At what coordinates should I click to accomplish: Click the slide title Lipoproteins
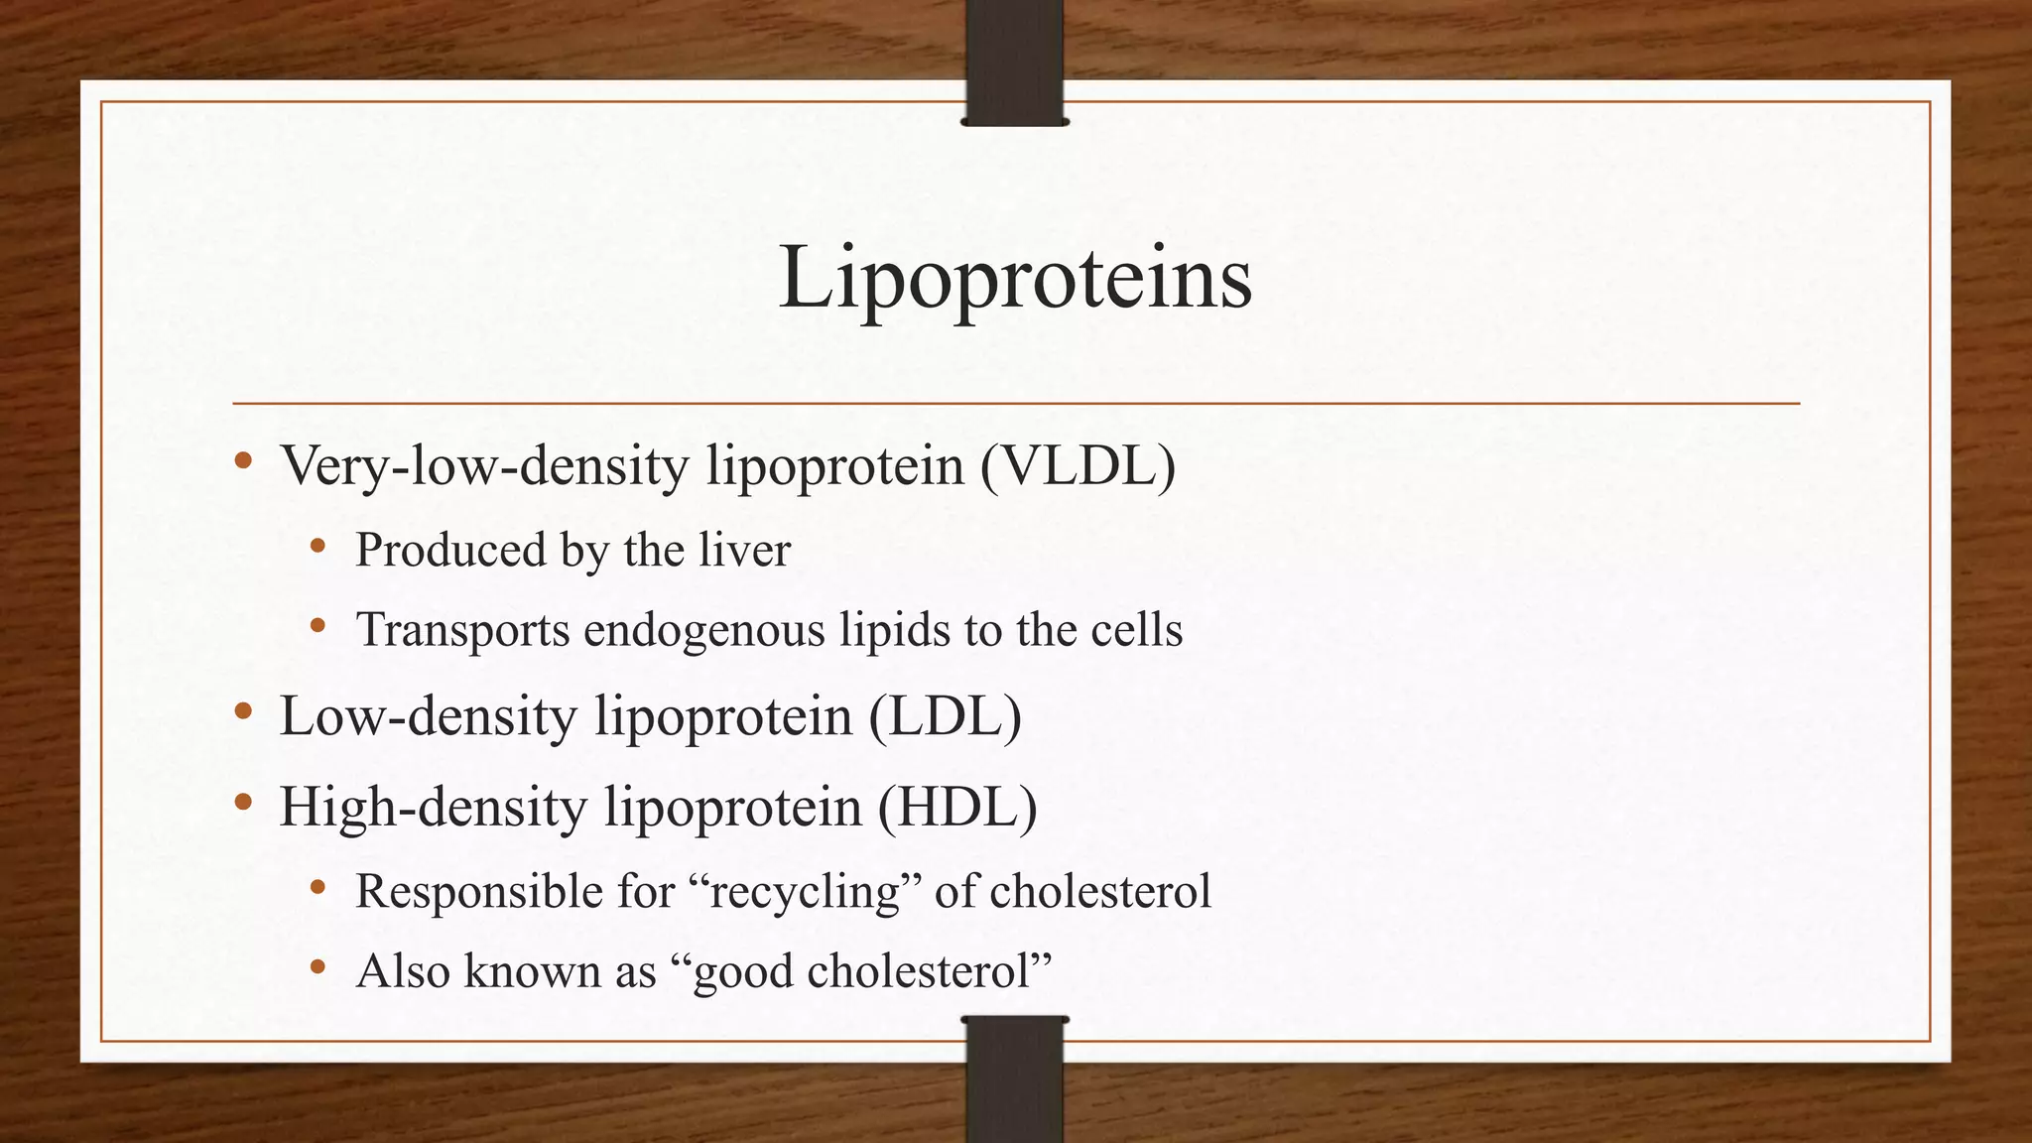(1015, 280)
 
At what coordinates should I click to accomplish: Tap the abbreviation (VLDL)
(1079, 465)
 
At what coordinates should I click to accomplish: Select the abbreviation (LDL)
(946, 716)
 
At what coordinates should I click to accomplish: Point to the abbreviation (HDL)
(957, 807)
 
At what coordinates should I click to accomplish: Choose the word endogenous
(704, 631)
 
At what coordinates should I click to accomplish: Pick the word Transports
(463, 631)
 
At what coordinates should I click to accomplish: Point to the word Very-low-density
(485, 465)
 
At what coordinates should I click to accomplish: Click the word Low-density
(429, 716)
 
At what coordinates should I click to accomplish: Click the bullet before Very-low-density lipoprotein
(243, 460)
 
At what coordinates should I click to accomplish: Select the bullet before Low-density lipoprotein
(243, 711)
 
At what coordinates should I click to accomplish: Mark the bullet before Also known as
(317, 965)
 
